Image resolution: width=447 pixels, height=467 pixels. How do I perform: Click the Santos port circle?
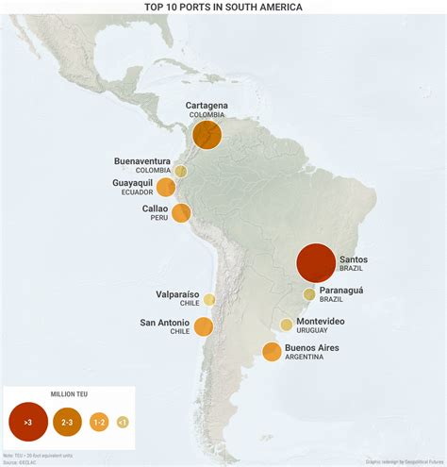(x=315, y=262)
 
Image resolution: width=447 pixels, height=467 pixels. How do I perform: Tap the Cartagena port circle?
(x=207, y=134)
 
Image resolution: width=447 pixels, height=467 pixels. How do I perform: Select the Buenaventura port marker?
(x=180, y=171)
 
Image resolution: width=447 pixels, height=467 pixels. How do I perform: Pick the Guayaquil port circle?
(x=166, y=187)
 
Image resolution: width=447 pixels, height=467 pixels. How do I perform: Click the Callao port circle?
(x=181, y=213)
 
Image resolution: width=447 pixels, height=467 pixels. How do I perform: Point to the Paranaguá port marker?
(x=308, y=294)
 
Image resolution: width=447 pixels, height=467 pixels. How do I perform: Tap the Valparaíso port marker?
(x=209, y=299)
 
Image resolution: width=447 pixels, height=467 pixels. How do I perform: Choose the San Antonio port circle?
(x=204, y=327)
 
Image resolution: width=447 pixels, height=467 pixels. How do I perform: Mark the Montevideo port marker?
(x=286, y=325)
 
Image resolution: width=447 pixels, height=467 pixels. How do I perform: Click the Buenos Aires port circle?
(x=272, y=353)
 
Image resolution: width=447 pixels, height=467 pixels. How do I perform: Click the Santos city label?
(x=353, y=259)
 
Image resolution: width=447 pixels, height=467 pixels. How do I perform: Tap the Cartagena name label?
(x=207, y=105)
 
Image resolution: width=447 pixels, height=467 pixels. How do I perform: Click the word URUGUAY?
(x=323, y=330)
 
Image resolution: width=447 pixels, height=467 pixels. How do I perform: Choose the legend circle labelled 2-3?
(x=68, y=422)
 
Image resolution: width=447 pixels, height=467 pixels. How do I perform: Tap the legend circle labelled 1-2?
(x=98, y=422)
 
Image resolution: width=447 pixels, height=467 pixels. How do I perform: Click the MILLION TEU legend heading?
(x=69, y=393)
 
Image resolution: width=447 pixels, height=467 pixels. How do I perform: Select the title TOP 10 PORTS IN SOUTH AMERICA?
(x=223, y=7)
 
